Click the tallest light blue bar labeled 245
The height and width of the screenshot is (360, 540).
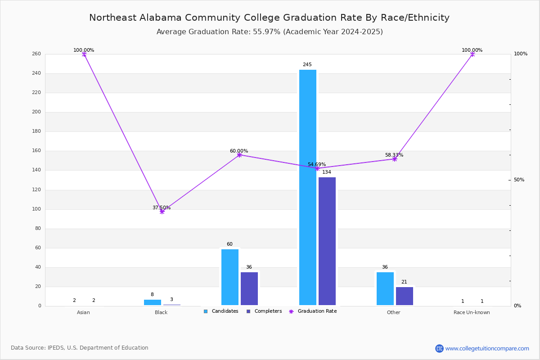[308, 187]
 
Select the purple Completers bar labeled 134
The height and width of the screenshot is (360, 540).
[327, 241]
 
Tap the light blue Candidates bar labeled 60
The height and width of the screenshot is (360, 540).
[230, 277]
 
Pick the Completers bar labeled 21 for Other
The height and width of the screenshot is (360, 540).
[404, 296]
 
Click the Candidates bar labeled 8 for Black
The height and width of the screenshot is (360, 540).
[153, 302]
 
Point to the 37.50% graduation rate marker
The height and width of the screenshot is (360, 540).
[162, 211]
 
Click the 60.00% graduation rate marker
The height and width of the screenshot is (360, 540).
[239, 155]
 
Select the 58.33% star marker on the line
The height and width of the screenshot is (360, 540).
[394, 159]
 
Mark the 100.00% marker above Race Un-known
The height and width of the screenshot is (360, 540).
[472, 54]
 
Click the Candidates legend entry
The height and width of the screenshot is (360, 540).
[221, 311]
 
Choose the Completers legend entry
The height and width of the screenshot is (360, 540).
[264, 311]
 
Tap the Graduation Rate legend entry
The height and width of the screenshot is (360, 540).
[313, 311]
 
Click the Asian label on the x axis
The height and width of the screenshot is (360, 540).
[83, 312]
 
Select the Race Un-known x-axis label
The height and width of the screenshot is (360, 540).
[472, 312]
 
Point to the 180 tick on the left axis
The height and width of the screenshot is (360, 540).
[36, 131]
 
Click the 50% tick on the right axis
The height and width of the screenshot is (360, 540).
[519, 180]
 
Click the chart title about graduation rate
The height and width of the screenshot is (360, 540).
[269, 18]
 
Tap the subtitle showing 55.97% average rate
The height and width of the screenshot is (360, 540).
[270, 32]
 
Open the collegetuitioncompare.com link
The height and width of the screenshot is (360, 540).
[487, 348]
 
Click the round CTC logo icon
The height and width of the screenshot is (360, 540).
[439, 348]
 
